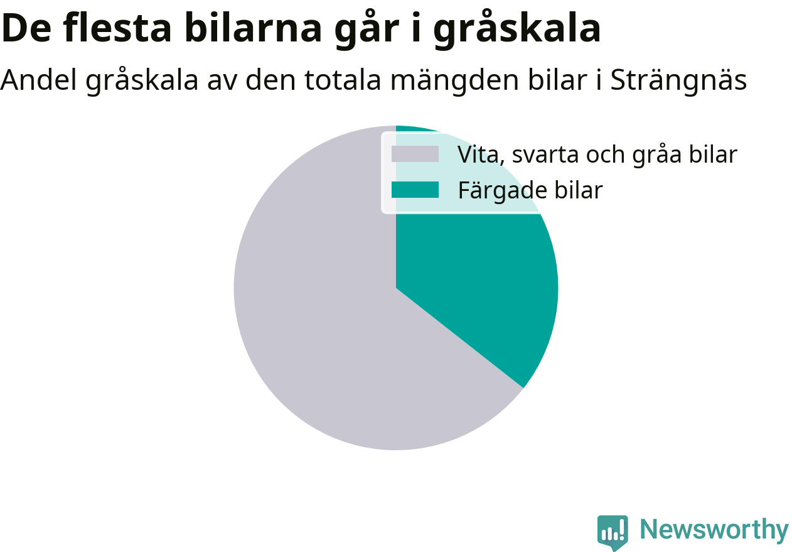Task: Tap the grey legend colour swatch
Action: coord(415,154)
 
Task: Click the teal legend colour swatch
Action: coord(415,190)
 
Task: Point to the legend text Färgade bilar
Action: coord(530,191)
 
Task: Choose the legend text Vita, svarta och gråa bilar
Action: coord(597,155)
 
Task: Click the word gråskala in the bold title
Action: coord(517,29)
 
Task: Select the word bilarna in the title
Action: coord(253,28)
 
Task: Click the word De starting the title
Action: coord(26,28)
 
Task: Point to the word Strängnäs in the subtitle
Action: coord(678,80)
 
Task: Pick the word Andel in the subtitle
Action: coord(38,79)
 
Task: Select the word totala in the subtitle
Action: coord(343,79)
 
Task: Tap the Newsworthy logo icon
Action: coord(613,533)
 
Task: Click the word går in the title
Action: coord(367,29)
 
